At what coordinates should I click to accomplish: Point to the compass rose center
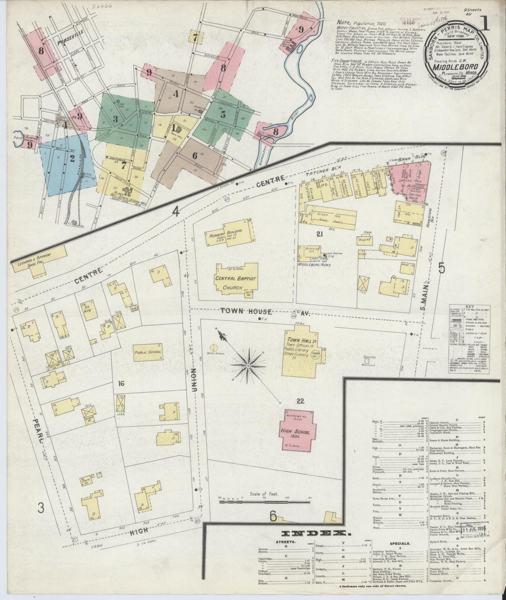248,366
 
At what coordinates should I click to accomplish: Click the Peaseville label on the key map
66,44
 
